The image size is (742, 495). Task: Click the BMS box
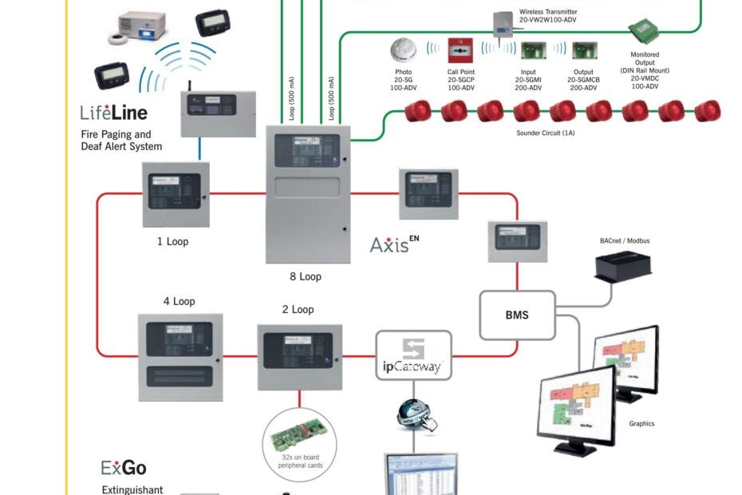[517, 315]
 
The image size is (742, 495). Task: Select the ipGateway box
[413, 354]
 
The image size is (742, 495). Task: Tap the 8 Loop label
[305, 277]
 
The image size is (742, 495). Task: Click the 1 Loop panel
[176, 195]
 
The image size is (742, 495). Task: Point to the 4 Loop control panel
[180, 352]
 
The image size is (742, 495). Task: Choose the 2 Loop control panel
[299, 356]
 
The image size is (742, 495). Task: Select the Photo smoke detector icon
[404, 50]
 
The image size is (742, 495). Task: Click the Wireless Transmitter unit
[502, 23]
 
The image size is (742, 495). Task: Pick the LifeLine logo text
[113, 113]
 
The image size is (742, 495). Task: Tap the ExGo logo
[124, 468]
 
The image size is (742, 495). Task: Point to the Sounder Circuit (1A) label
[546, 133]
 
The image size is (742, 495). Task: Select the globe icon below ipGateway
[413, 414]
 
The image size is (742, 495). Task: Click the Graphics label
[641, 424]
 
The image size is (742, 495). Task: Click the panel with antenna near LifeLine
[215, 112]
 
